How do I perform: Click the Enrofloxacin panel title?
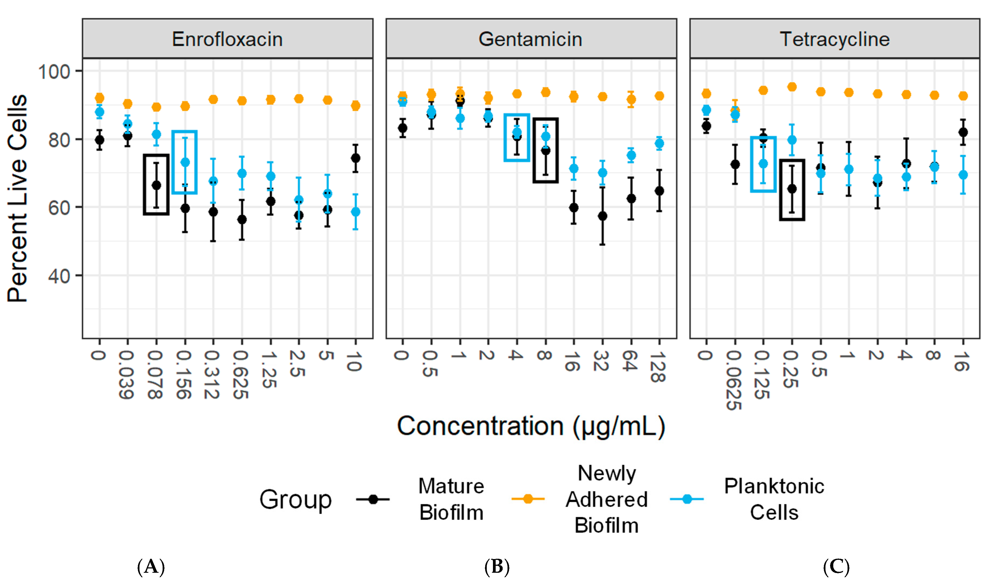point(227,39)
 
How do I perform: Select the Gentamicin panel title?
point(530,39)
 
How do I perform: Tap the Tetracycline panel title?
point(835,39)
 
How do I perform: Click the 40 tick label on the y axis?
point(59,276)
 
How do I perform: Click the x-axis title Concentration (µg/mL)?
point(531,426)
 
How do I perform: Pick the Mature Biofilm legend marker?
point(373,499)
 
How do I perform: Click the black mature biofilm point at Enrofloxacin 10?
point(356,158)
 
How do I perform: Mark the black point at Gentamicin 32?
point(602,216)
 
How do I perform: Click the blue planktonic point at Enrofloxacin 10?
point(356,212)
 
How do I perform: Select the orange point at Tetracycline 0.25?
point(792,87)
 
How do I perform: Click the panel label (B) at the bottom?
point(497,567)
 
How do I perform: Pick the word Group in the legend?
point(295,499)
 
